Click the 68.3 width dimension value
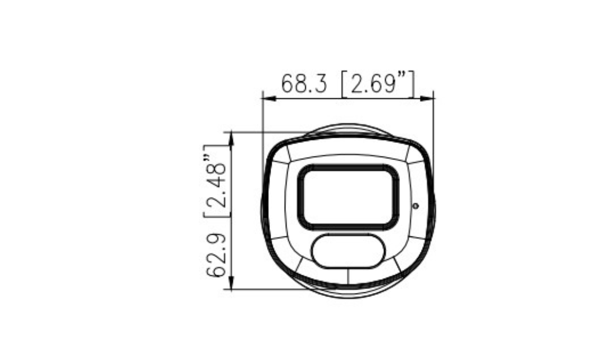[x=305, y=84]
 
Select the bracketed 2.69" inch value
[x=378, y=84]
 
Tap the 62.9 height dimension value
[x=216, y=255]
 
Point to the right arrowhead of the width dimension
[x=427, y=99]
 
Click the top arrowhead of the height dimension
[x=231, y=139]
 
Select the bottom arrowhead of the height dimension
[x=231, y=282]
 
